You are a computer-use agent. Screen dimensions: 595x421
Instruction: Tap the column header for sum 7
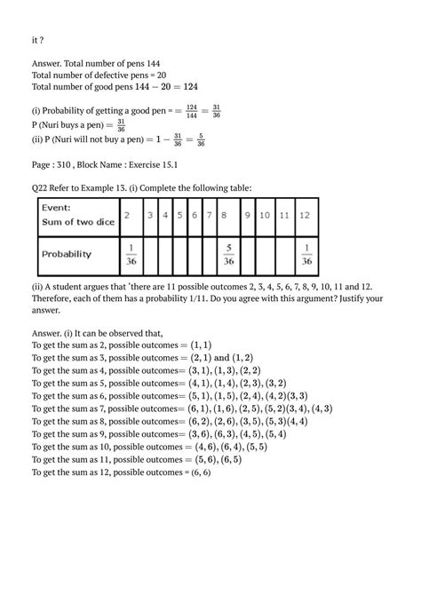click(210, 216)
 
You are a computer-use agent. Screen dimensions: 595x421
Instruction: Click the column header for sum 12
click(306, 216)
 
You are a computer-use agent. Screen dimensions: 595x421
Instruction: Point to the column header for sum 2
click(128, 216)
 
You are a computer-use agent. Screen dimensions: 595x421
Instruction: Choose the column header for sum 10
click(266, 216)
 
